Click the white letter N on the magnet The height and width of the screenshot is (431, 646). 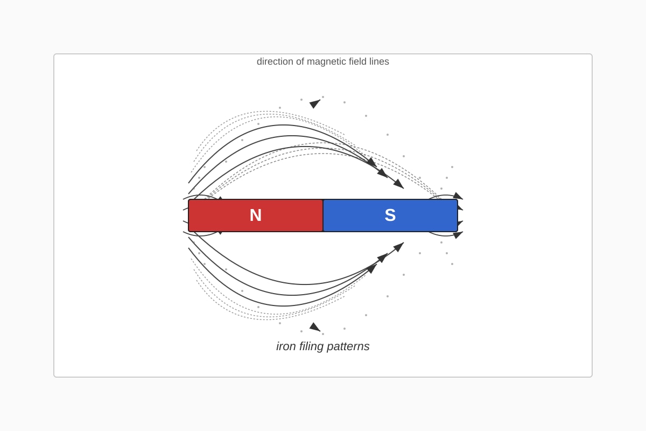(256, 215)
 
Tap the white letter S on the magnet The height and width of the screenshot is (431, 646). (390, 215)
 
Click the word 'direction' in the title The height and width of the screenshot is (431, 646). (275, 61)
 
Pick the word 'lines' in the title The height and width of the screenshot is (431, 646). (379, 61)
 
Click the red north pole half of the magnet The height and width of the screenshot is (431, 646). (256, 215)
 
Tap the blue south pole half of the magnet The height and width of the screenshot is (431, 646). (390, 215)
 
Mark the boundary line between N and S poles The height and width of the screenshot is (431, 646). (323, 215)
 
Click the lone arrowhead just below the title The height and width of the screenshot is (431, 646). (314, 103)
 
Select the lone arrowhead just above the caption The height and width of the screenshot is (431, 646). (314, 327)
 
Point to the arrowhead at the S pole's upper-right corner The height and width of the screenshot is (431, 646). (458, 196)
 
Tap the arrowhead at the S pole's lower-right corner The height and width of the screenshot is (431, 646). (458, 235)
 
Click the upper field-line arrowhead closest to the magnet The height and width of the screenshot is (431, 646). (398, 184)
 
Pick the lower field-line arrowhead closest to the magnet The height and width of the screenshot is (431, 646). (398, 247)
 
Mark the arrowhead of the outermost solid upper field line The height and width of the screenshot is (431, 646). (372, 162)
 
